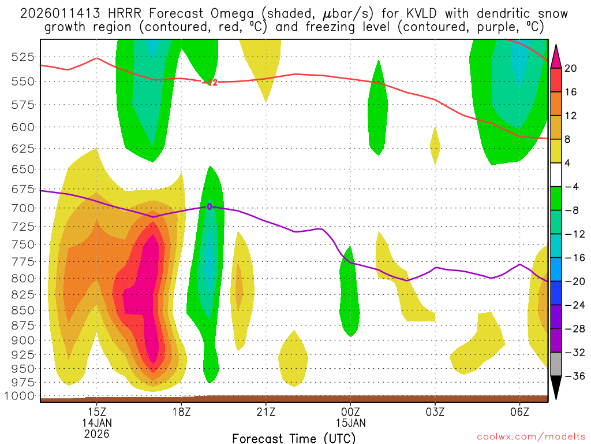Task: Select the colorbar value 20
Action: coord(571,68)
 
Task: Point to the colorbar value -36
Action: coord(573,376)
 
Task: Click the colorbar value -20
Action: coord(573,282)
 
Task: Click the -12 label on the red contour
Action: coord(211,83)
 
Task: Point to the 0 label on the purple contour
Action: coord(210,206)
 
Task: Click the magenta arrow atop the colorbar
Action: coord(556,55)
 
